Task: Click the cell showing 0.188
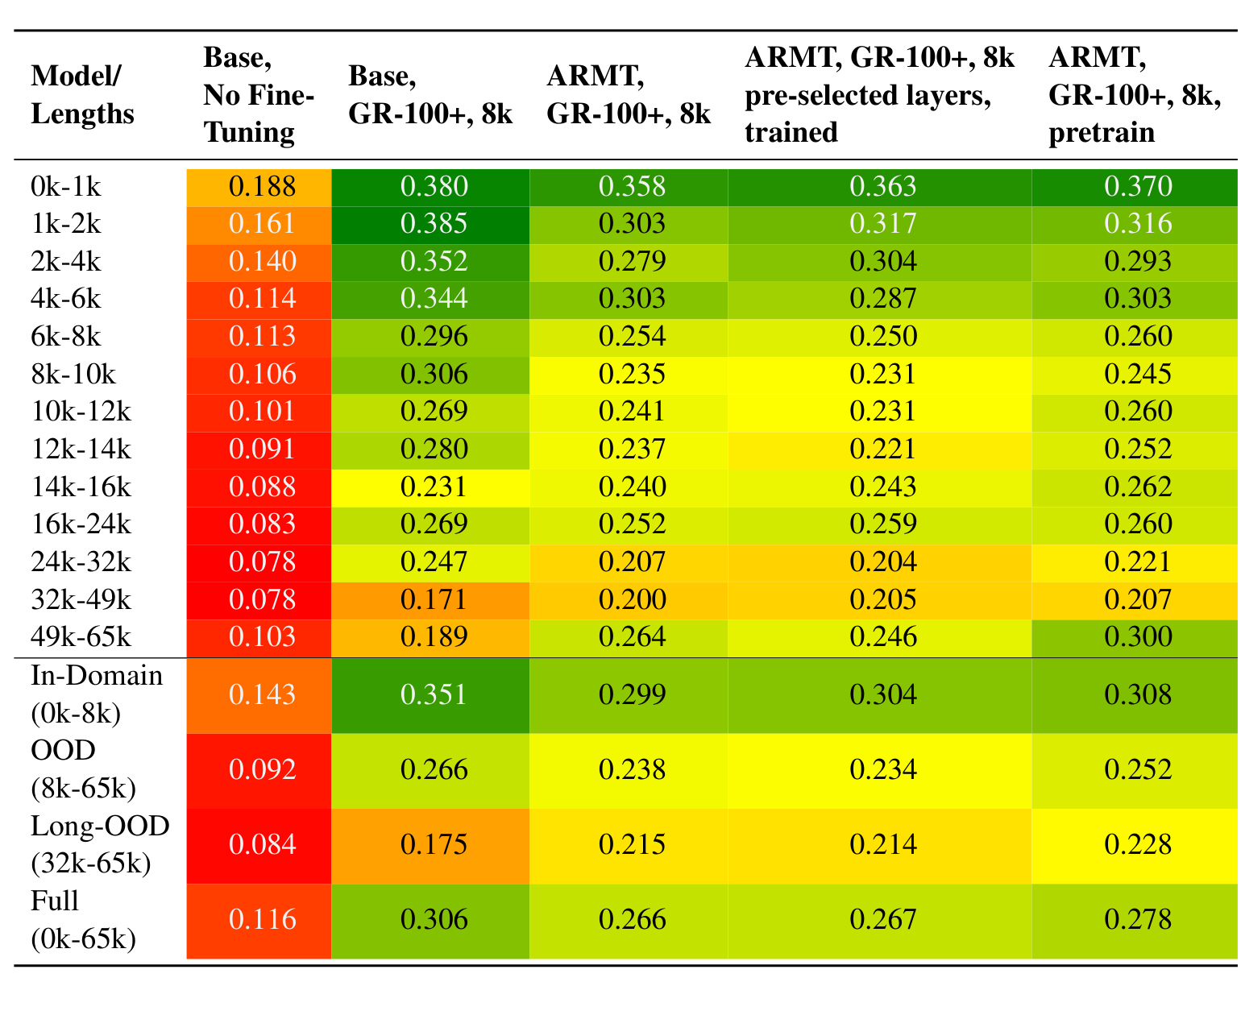[259, 187]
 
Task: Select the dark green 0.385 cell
[430, 225]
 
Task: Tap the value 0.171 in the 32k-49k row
[430, 600]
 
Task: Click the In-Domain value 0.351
[430, 695]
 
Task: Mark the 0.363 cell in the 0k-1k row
[879, 187]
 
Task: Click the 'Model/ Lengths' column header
[82, 94]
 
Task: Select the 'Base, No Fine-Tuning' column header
[259, 94]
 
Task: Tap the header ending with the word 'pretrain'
[1134, 94]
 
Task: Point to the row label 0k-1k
[66, 187]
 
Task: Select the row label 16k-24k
[81, 525]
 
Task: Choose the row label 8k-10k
[73, 375]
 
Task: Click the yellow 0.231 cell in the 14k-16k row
[430, 488]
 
